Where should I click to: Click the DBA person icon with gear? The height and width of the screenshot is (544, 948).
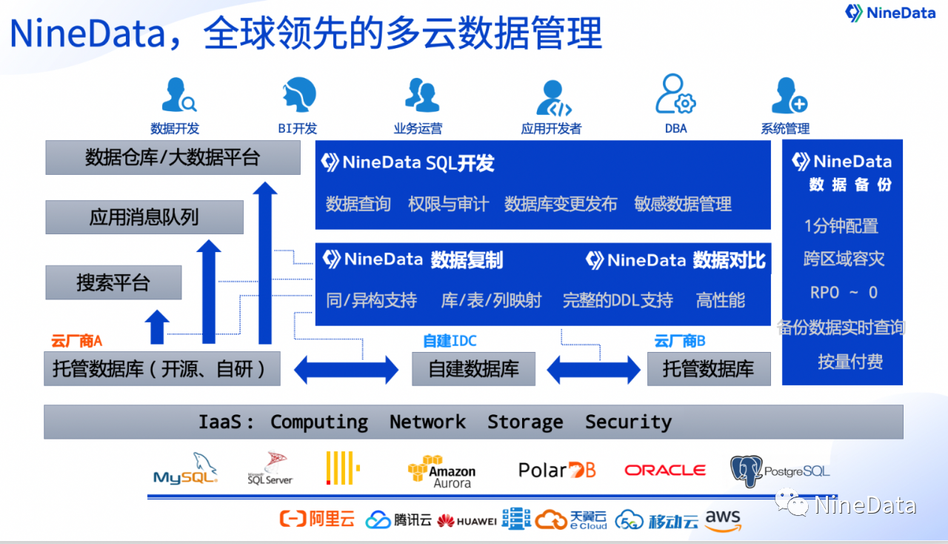(x=675, y=95)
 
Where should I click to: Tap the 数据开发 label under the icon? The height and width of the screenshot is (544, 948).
(x=175, y=128)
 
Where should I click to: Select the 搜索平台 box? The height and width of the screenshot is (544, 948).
(x=113, y=282)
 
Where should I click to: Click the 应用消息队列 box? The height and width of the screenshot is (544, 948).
(x=144, y=217)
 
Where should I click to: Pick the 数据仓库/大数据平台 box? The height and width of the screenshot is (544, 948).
(x=173, y=157)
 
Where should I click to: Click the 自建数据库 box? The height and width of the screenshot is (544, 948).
(x=473, y=369)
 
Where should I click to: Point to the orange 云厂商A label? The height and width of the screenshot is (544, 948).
(x=76, y=341)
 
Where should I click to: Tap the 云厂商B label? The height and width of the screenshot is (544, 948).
(x=679, y=341)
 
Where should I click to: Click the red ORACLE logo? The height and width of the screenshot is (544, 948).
(x=664, y=470)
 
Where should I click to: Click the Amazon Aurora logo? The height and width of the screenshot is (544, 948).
(x=442, y=471)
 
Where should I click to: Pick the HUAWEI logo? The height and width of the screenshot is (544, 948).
(x=467, y=521)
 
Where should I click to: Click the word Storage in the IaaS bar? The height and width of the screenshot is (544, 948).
(x=525, y=422)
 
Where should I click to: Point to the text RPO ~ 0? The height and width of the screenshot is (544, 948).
(x=844, y=293)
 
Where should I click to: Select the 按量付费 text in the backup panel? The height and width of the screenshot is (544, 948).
(x=850, y=362)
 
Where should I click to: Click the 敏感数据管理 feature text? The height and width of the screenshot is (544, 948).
(x=683, y=204)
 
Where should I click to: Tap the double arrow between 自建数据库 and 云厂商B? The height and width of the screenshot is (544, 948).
(x=593, y=369)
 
